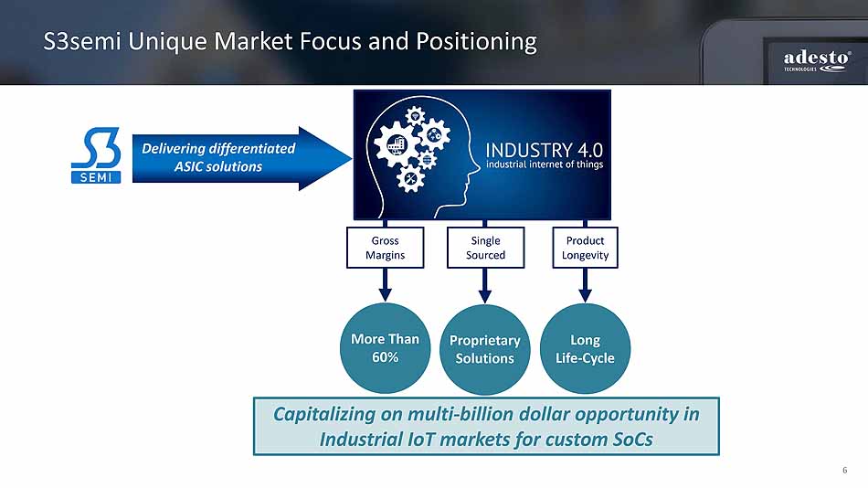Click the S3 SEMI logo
coord(96,156)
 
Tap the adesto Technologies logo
coord(816,62)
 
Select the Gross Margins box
coord(385,248)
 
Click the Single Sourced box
coord(485,248)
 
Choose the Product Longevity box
coord(586,248)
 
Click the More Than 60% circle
coord(385,347)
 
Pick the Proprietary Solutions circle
coord(484,348)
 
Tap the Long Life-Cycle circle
coord(585,348)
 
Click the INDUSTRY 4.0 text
coord(544,150)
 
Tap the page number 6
coord(844,471)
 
